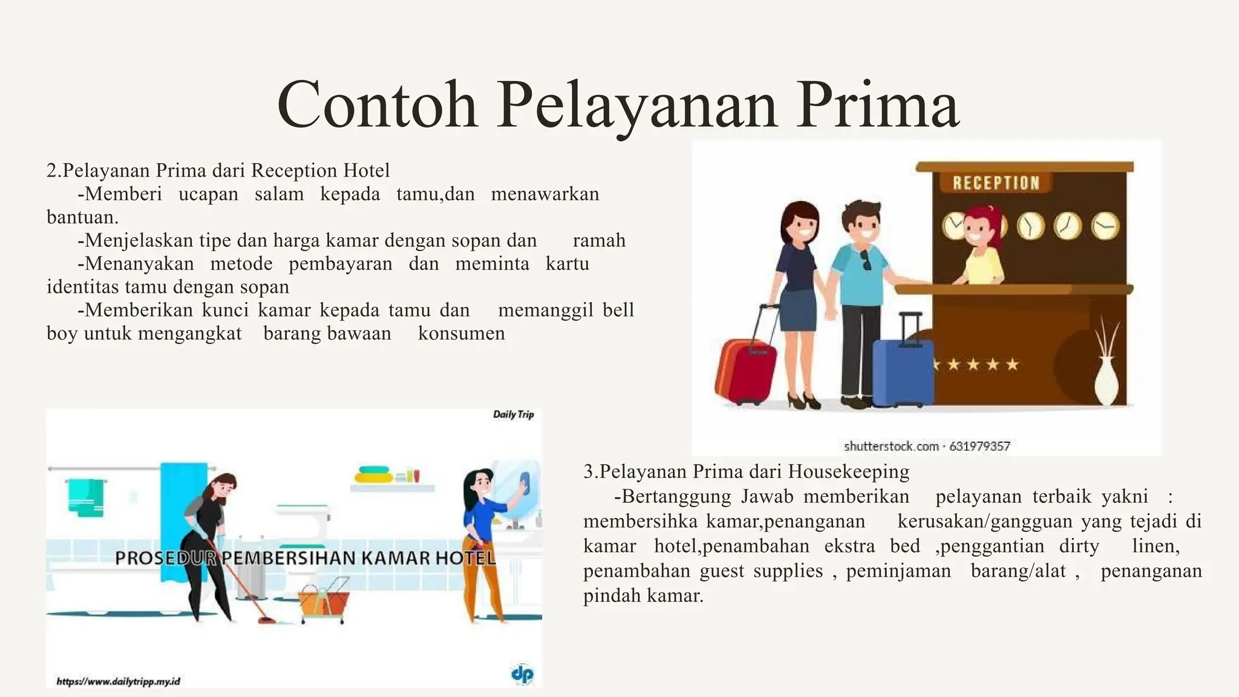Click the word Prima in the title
[877, 104]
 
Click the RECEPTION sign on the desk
[996, 183]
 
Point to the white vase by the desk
[1107, 381]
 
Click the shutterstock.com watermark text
[891, 447]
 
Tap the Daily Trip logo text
[513, 414]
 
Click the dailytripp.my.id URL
[118, 681]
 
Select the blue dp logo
[522, 674]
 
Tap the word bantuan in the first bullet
[82, 217]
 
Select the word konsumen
[461, 333]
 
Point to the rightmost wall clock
[1105, 226]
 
